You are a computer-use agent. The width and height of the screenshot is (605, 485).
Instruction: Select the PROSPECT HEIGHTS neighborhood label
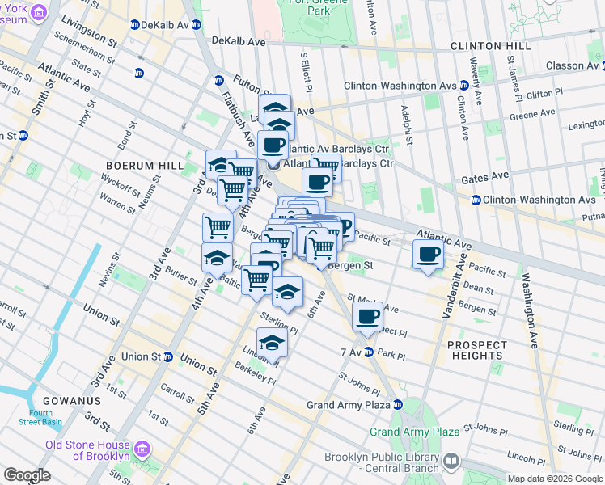(x=477, y=350)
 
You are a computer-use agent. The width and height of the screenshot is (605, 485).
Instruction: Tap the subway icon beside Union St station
(x=168, y=356)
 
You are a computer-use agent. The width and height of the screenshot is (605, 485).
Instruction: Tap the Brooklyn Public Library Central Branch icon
(x=451, y=462)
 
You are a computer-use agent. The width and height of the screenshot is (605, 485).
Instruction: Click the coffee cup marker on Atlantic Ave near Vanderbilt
(x=428, y=255)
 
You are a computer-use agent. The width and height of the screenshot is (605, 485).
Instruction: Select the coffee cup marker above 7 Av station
(x=367, y=316)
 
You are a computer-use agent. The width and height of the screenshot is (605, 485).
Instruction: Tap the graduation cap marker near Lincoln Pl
(x=272, y=344)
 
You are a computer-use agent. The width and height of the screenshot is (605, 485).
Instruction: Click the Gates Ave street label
(x=485, y=175)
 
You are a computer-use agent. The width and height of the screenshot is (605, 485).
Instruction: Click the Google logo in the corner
(x=27, y=475)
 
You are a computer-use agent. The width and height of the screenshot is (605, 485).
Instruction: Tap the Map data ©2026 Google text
(x=555, y=479)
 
